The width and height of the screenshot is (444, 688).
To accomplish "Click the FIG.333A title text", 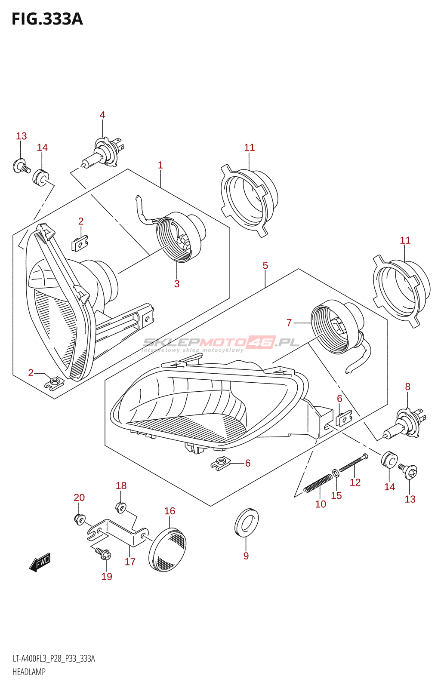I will [x=47, y=19].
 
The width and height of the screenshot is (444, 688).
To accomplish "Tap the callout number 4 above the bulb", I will [x=102, y=115].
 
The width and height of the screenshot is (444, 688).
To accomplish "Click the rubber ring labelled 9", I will [x=247, y=522].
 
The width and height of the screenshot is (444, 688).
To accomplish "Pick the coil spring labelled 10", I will [x=318, y=484].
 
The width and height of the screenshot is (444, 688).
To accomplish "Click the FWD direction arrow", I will [x=40, y=562].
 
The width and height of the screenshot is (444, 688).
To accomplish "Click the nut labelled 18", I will [x=120, y=507].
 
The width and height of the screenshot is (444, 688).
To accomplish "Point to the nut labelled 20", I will [x=80, y=519].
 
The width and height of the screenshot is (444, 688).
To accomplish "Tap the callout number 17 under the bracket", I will [x=130, y=562].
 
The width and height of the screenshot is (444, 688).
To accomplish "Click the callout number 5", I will [x=265, y=265].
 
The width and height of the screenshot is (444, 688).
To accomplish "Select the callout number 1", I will [x=160, y=165].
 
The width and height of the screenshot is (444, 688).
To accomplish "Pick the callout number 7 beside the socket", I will [x=289, y=322].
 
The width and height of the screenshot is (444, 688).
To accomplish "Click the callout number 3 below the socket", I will [x=177, y=284].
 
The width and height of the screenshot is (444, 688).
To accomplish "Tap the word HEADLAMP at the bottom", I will [x=29, y=672].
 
